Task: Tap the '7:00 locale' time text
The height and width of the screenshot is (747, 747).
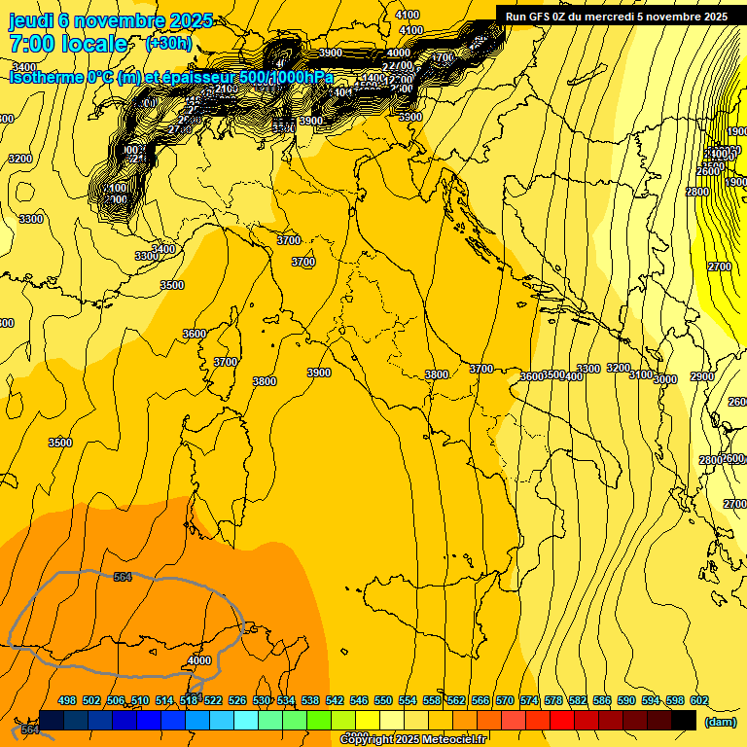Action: pyautogui.click(x=68, y=44)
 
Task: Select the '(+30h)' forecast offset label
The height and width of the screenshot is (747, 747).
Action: pyautogui.click(x=168, y=44)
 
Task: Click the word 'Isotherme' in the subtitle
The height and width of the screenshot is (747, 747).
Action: pyautogui.click(x=48, y=77)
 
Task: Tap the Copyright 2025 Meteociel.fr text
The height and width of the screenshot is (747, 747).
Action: pyautogui.click(x=413, y=739)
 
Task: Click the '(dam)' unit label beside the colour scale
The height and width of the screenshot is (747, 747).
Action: pyautogui.click(x=720, y=722)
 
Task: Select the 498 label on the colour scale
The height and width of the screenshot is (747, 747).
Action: pyautogui.click(x=67, y=701)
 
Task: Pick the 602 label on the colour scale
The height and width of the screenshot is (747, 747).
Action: pyautogui.click(x=699, y=701)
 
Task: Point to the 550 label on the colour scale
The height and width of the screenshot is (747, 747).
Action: pyautogui.click(x=383, y=701)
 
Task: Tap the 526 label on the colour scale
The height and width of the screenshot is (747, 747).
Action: pyautogui.click(x=237, y=701)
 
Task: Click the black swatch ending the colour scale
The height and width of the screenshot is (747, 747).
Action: pyautogui.click(x=684, y=720)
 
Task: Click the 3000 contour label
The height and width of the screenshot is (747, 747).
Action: pyautogui.click(x=665, y=379)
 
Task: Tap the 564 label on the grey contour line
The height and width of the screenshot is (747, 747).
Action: pyautogui.click(x=123, y=578)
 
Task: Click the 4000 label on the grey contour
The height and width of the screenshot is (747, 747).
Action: pyautogui.click(x=198, y=660)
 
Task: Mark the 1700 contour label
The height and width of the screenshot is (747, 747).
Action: pyautogui.click(x=443, y=58)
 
